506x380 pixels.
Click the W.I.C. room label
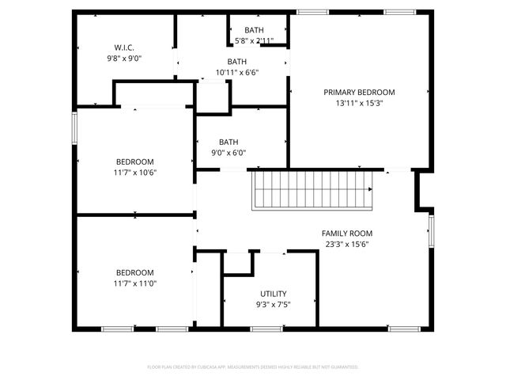(x=124, y=47)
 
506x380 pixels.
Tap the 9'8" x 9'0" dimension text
(x=124, y=58)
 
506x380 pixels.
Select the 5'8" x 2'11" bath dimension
(x=254, y=40)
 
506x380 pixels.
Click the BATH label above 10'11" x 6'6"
(x=237, y=62)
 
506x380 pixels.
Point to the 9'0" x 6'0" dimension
(x=229, y=153)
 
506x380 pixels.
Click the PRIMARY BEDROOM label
(x=359, y=92)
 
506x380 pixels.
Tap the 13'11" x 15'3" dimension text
(x=359, y=103)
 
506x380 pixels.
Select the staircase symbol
(x=312, y=190)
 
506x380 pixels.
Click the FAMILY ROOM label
(x=346, y=234)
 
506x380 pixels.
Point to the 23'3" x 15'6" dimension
(x=346, y=245)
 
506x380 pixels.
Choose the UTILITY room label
(x=274, y=294)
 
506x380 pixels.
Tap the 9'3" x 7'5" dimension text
(x=274, y=305)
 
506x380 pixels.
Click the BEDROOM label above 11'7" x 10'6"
(x=135, y=161)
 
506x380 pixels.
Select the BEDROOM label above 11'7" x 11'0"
(x=135, y=272)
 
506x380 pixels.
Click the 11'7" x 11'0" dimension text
(x=135, y=283)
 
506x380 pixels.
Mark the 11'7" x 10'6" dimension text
(x=135, y=173)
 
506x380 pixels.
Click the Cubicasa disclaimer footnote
(x=253, y=367)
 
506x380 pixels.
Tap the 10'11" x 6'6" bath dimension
(x=237, y=73)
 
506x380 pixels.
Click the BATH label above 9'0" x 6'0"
(x=229, y=142)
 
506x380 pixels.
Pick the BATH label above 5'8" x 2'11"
(x=254, y=30)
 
